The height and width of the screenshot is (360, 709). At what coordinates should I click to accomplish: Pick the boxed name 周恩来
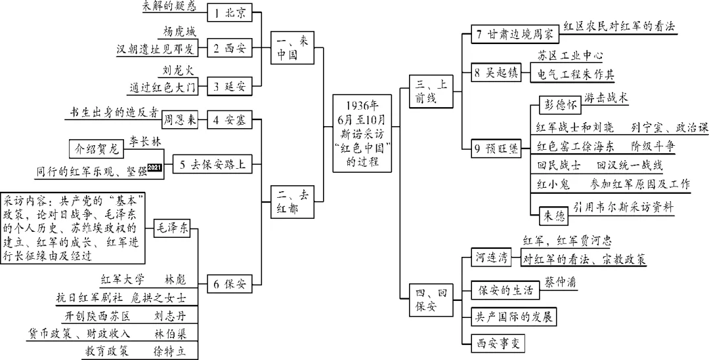click(x=180, y=120)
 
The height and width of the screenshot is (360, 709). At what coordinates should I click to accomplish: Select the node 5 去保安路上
click(x=213, y=165)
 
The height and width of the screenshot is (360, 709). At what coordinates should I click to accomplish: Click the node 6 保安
click(x=229, y=284)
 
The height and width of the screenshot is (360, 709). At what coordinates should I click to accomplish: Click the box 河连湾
click(x=492, y=258)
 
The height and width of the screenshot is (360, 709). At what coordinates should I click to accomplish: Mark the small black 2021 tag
click(x=154, y=169)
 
